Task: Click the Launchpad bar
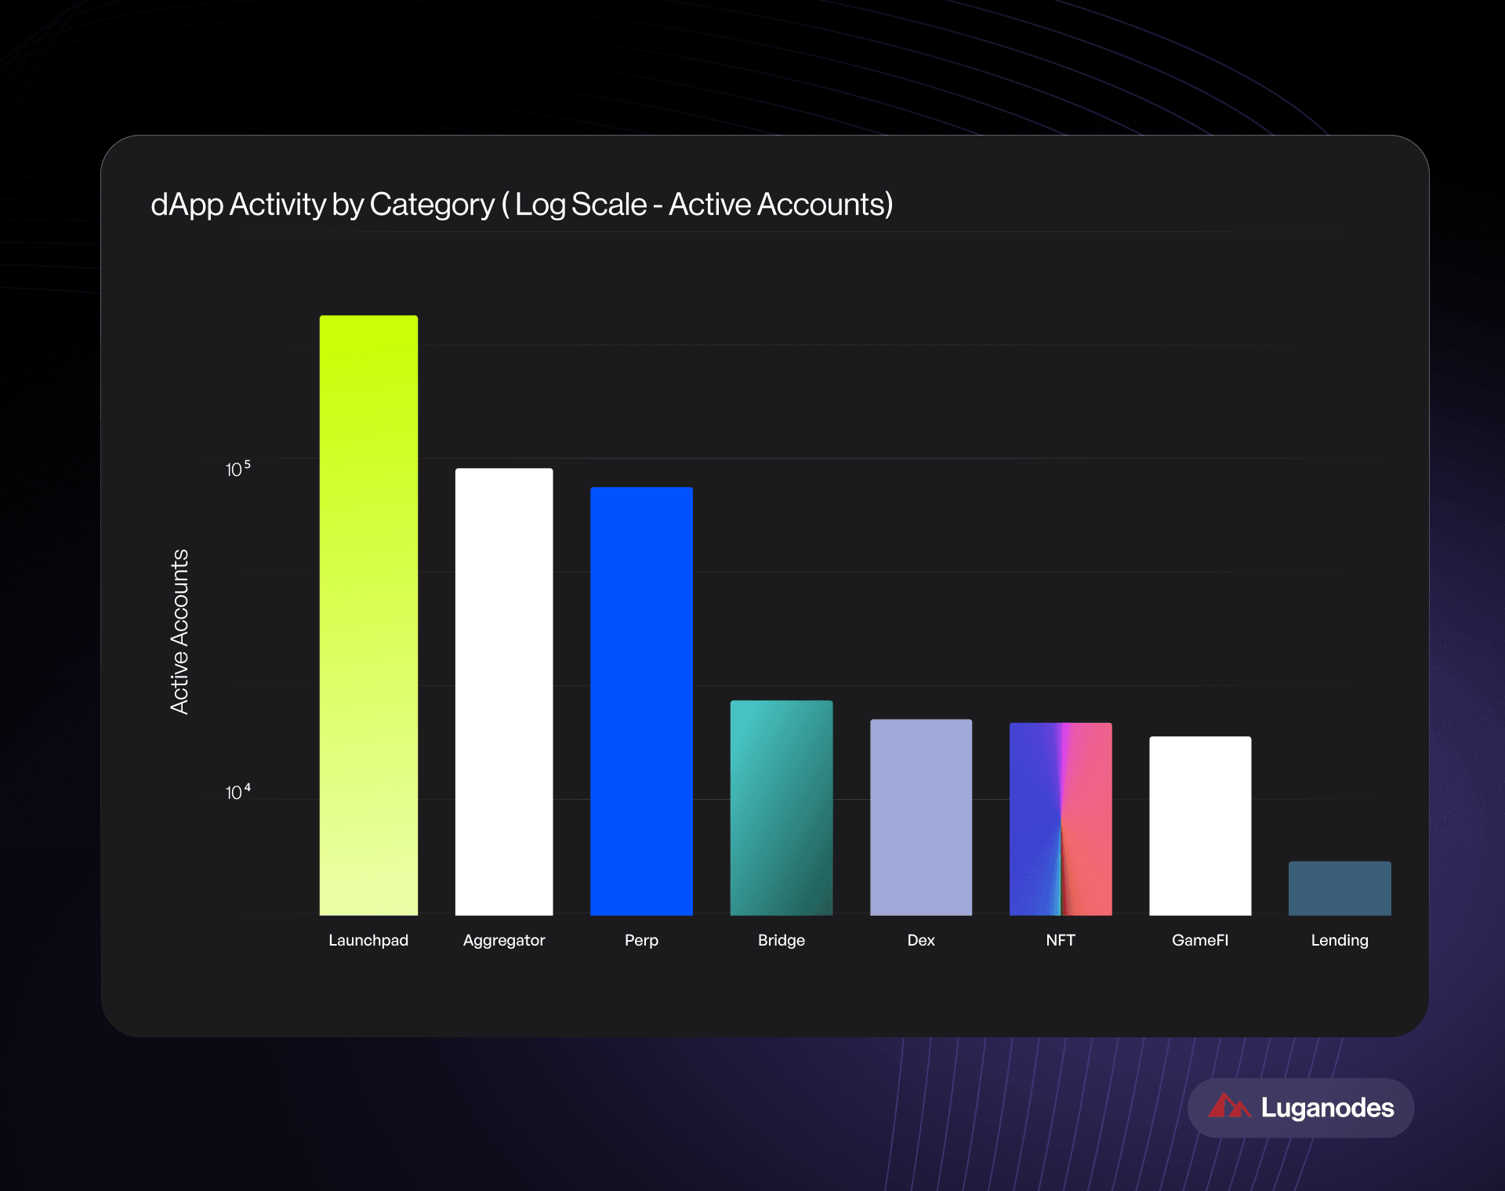[x=368, y=615]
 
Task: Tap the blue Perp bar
[x=641, y=701]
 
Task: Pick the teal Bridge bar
[x=782, y=808]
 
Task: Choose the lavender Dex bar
[x=921, y=817]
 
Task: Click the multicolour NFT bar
[x=1061, y=819]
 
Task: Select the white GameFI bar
[x=1200, y=826]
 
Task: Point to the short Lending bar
[x=1340, y=888]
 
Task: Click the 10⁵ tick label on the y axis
[x=238, y=469]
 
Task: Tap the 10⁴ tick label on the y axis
[x=238, y=792]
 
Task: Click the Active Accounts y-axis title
[x=180, y=631]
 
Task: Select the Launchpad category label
[x=368, y=940]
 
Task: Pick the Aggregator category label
[x=504, y=940]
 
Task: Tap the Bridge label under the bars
[x=782, y=940]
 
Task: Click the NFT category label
[x=1061, y=940]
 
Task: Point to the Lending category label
[x=1340, y=940]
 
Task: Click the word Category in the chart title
[x=432, y=205]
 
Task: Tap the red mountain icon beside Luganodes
[x=1228, y=1106]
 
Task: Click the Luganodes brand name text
[x=1327, y=1108]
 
